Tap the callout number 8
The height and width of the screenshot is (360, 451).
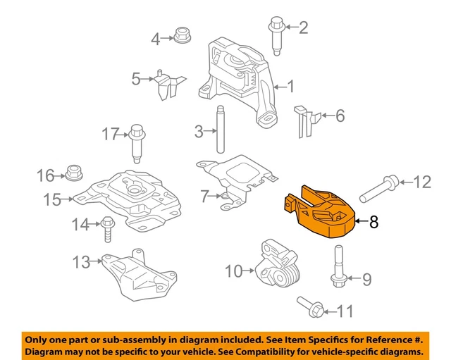(x=373, y=222)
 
